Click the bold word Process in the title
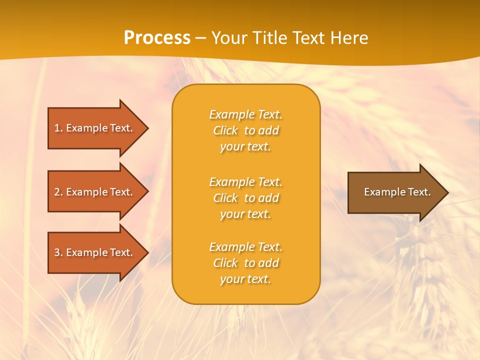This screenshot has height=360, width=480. coord(157,38)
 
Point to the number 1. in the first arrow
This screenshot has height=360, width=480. coord(58,128)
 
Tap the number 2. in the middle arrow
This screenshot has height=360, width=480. coord(58,192)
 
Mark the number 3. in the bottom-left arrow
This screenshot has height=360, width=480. coord(58,252)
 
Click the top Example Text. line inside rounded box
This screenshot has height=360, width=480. coord(245,114)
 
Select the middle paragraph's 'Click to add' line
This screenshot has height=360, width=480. coord(245,198)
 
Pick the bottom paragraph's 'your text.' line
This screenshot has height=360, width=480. coord(245,279)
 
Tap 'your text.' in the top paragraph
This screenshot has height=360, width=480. coord(245,146)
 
